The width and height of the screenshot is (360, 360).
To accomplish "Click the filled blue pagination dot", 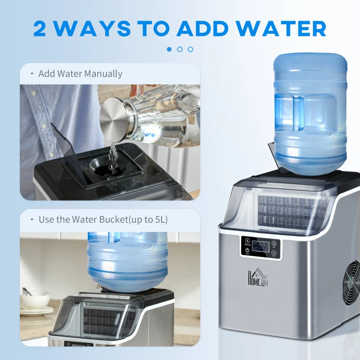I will (169, 49).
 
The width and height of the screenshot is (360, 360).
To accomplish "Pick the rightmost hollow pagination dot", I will (190, 49).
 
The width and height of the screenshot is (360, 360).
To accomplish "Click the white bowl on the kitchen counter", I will (35, 299).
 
